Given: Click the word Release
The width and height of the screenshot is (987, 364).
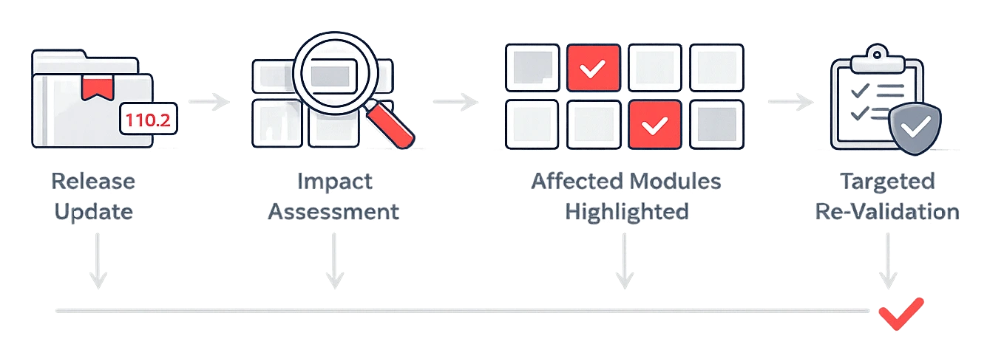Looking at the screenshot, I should tap(93, 181).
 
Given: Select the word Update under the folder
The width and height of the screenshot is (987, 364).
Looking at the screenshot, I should tap(93, 212).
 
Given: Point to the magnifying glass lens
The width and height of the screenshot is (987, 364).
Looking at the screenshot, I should tap(330, 74).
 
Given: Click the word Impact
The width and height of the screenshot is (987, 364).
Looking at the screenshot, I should tap(333, 181).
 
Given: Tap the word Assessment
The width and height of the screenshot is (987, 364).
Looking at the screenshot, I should tap(333, 212).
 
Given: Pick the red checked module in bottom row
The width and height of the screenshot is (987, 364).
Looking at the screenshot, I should tap(654, 126).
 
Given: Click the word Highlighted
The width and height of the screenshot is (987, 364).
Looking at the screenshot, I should tap(627, 212).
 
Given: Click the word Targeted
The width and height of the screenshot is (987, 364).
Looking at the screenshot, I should tap(887, 181).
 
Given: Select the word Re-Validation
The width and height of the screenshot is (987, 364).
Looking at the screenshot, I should tap(887, 212).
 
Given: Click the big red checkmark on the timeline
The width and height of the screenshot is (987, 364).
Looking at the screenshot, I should tap(900, 313).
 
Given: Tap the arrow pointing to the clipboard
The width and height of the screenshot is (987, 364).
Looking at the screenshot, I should tap(789, 101).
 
